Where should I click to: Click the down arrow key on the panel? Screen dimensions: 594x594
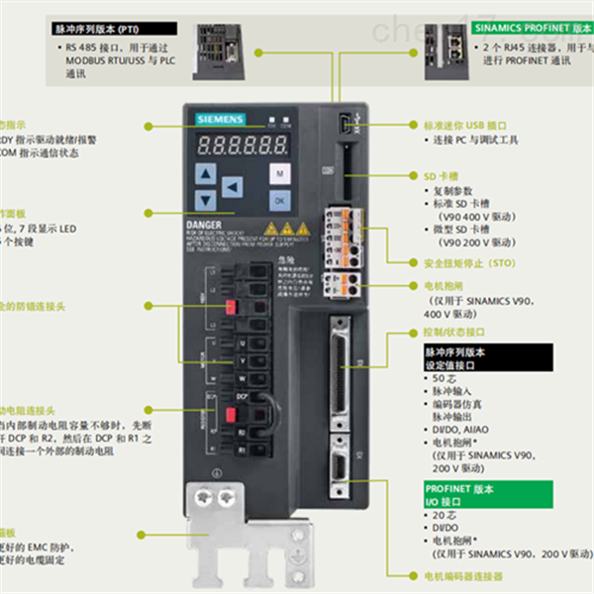pos(206,198)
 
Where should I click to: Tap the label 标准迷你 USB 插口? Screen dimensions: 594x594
pos(465,127)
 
